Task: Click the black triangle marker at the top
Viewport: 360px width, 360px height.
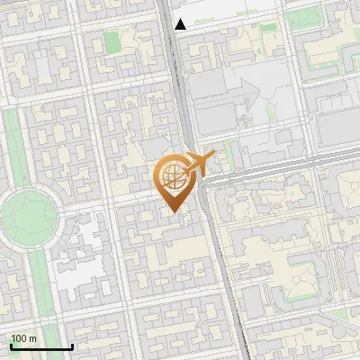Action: pyautogui.click(x=181, y=24)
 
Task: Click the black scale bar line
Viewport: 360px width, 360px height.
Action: pyautogui.click(x=41, y=346)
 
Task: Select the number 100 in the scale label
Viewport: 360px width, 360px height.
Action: pyautogui.click(x=18, y=338)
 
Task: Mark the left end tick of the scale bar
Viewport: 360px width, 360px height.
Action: pyautogui.click(x=11, y=345)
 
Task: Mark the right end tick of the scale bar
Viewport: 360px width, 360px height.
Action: pyautogui.click(x=72, y=345)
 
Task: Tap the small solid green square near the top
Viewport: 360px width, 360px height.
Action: pyautogui.click(x=112, y=41)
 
